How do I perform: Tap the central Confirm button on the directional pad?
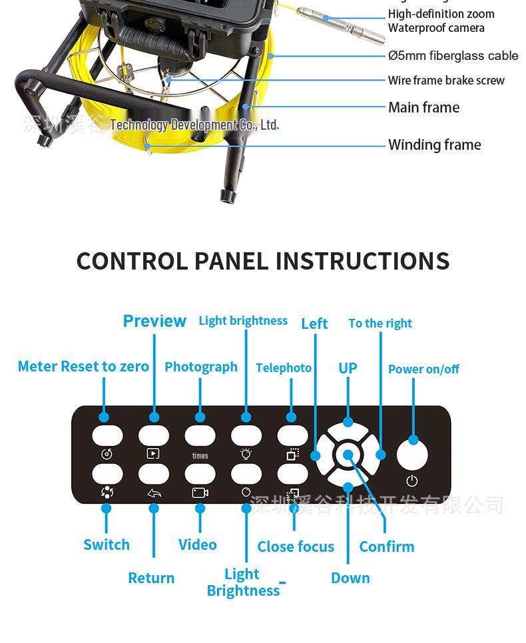pos(348,456)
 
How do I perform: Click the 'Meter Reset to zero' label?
pos(83,367)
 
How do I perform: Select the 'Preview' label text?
pos(154,321)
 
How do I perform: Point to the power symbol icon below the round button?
pos(412,481)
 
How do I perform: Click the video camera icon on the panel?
pos(200,493)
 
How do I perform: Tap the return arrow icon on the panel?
pos(154,494)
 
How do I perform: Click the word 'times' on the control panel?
pos(200,456)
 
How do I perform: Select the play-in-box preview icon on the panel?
pos(153,454)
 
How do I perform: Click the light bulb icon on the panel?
pos(246,454)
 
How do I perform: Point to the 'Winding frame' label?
pos(434,145)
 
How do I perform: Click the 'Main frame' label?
pos(423,108)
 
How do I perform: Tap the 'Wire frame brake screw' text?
pos(446,81)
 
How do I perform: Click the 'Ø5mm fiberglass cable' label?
pos(453,56)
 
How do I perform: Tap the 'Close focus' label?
pos(296,547)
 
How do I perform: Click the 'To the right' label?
pos(380,323)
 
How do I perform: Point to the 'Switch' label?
pos(107,544)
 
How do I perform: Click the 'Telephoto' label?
pos(284,368)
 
